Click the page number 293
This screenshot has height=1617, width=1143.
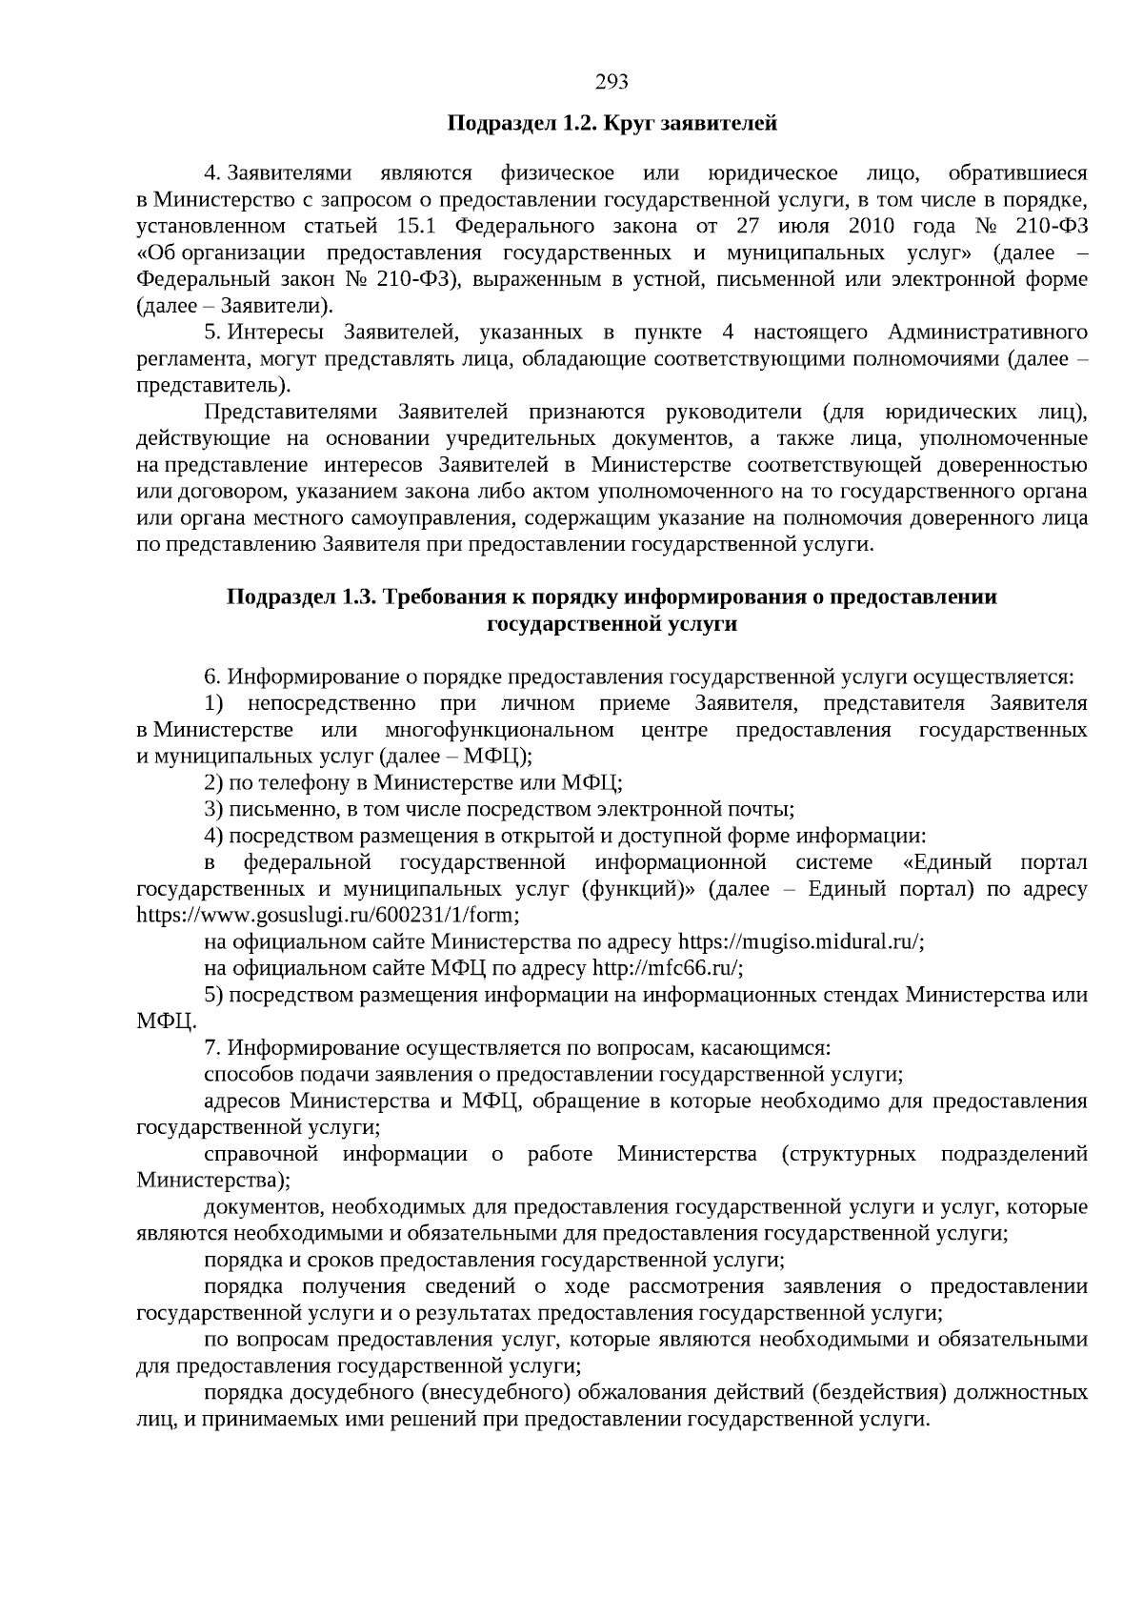612,82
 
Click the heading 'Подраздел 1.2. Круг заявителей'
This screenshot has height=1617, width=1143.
612,124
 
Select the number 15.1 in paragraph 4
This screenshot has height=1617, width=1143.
411,227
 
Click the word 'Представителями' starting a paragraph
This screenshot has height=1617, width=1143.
289,413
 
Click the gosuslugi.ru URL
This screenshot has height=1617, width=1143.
329,916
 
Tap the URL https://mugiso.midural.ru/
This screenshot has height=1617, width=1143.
800,942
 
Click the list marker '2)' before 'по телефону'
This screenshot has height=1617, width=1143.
214,783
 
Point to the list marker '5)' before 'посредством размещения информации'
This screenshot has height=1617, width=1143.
214,996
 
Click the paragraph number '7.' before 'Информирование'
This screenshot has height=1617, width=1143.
213,1048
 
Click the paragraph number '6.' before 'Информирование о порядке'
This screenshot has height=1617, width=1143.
213,677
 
